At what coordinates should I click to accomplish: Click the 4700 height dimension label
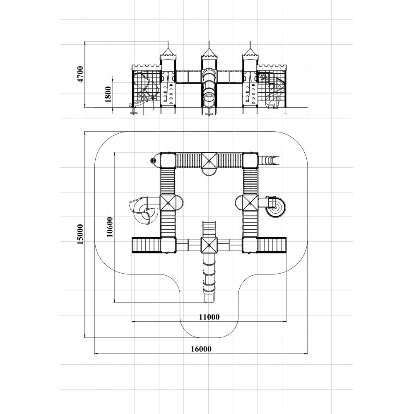click(80, 74)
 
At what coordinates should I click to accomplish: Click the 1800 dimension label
click(108, 94)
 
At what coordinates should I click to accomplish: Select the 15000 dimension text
click(80, 234)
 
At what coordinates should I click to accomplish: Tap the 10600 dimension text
click(110, 227)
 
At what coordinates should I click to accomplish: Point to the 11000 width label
click(209, 317)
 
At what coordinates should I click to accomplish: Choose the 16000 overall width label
click(201, 349)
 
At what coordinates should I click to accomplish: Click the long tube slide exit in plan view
click(209, 298)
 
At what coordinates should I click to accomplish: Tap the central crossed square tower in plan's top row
click(209, 160)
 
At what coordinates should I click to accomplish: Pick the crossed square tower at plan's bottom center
click(209, 245)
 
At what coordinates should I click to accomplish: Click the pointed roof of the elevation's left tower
click(168, 51)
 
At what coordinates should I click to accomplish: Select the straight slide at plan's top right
click(268, 160)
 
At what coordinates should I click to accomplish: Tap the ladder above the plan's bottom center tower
click(209, 229)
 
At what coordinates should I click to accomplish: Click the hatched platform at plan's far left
click(146, 245)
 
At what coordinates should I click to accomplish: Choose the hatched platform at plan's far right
click(272, 245)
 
